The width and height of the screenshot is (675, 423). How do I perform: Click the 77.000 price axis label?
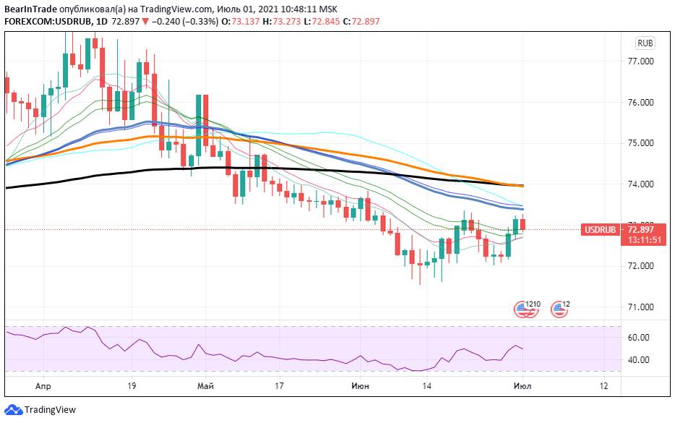pos(641,61)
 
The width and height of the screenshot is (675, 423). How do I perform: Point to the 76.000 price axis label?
pos(641,103)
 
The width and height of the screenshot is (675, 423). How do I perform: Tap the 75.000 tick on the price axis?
pos(641,143)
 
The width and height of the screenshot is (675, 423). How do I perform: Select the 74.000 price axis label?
pos(641,184)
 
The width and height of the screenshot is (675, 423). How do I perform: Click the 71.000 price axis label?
pos(641,307)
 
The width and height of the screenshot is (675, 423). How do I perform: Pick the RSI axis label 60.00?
pos(639,338)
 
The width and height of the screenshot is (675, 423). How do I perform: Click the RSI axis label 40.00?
pos(639,360)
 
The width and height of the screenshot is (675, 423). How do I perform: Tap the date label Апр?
pos(43,387)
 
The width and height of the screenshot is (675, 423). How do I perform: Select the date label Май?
pos(205,387)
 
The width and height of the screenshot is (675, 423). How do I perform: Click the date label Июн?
pos(360,387)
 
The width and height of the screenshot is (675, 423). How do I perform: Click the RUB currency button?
pos(645,43)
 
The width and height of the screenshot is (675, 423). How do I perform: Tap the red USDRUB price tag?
pos(601,230)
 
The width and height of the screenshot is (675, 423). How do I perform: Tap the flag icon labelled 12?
pos(559,309)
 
